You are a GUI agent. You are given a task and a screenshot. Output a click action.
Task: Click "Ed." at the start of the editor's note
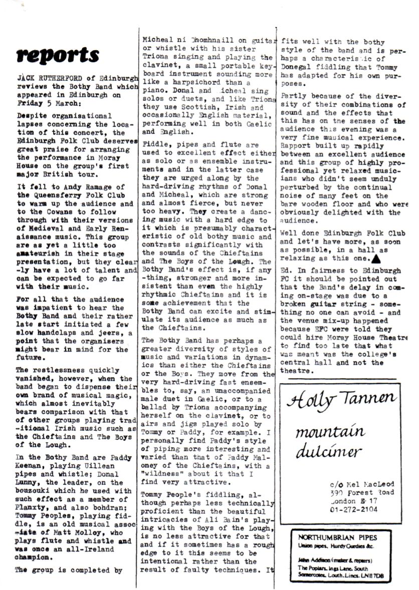[x=286, y=271]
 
